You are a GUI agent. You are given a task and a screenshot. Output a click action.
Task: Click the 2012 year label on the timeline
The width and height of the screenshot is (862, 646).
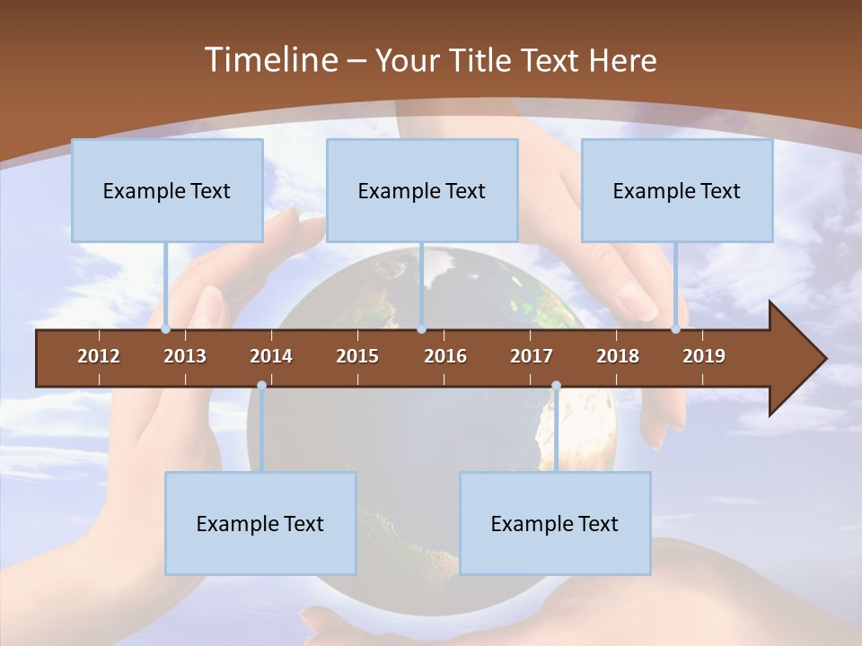[x=99, y=356]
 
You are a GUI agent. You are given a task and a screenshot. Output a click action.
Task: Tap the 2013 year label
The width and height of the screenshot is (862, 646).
[x=185, y=356]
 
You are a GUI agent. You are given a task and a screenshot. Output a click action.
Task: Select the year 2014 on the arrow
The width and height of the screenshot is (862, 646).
[x=271, y=356]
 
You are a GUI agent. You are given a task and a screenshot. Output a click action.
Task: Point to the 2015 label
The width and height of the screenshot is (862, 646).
[x=357, y=356]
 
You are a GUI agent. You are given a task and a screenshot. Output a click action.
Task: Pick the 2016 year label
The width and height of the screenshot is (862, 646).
[x=445, y=356]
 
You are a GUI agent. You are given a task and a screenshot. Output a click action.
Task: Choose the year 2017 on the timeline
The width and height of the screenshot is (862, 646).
[x=532, y=356]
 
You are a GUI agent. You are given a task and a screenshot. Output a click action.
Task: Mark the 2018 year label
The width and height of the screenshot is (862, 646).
[x=618, y=356]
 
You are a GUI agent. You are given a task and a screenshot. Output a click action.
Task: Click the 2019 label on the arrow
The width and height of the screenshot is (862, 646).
[x=704, y=356]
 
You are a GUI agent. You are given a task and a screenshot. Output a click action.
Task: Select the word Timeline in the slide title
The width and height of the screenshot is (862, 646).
[x=269, y=60]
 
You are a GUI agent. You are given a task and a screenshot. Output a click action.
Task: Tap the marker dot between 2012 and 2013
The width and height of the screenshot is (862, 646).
[x=165, y=329]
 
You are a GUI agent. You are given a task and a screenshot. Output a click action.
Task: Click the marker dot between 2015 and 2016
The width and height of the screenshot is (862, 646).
[x=421, y=329]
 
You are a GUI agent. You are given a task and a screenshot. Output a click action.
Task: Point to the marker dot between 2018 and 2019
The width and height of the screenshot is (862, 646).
[x=676, y=329]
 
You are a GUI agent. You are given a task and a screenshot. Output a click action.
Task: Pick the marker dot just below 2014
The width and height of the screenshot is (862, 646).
[x=261, y=386]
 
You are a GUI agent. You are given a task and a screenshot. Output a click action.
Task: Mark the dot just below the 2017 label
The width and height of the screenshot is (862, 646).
[x=556, y=386]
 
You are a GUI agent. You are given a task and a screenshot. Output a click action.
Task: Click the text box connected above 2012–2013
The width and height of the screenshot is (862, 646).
[x=167, y=190]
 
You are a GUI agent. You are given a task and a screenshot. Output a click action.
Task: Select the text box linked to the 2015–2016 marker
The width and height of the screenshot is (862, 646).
[x=422, y=190]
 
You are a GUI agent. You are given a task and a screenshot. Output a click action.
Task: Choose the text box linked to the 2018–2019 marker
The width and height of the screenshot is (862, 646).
[x=677, y=190]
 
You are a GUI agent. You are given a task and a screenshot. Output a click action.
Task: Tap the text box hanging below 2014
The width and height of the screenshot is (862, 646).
[x=260, y=523]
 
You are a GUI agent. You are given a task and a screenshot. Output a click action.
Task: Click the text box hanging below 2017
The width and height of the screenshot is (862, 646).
[x=555, y=523]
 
